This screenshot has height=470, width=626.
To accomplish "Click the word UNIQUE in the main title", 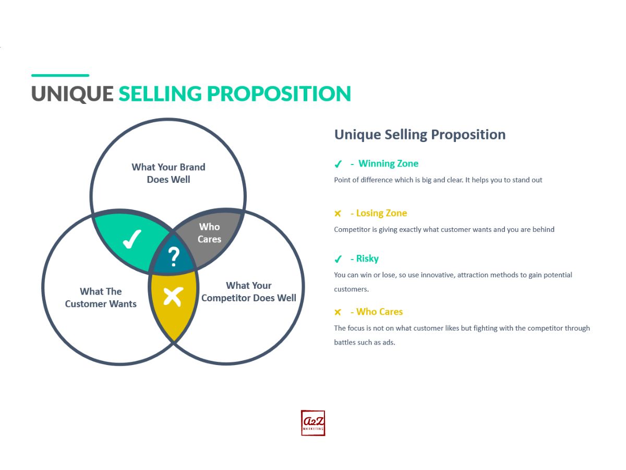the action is tap(73, 93).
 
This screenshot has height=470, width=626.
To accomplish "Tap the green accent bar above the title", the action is tap(60, 75).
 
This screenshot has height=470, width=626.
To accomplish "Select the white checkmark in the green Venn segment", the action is tap(132, 239).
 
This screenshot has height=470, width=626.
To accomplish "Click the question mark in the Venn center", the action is tap(174, 257).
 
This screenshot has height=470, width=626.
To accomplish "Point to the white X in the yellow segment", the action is tap(173, 297).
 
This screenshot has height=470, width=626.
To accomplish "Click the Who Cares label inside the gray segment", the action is tap(209, 233).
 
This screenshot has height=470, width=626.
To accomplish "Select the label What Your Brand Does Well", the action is tap(168, 173).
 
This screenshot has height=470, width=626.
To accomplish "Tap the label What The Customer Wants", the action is tap(101, 298).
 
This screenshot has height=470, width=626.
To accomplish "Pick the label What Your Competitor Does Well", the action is tap(249, 291).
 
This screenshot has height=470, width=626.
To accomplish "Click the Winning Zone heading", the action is tap(388, 163).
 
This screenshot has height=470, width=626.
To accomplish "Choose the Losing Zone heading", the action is tap(381, 213).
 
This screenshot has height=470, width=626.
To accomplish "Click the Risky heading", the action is tap(367, 258).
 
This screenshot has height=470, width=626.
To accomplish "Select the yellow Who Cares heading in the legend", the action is tap(379, 312).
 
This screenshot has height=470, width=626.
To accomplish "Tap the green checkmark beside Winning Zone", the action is tap(338, 164).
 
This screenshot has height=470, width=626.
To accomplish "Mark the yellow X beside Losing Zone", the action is tap(338, 214).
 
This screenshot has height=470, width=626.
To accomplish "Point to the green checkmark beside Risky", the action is tap(338, 259).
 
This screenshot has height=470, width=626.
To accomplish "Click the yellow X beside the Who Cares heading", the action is tap(338, 312).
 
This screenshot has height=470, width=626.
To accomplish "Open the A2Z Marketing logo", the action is tap(313, 423).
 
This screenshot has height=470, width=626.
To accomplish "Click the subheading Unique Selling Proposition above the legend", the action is tap(420, 135).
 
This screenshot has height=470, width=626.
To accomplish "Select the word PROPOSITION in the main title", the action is tap(279, 93).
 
